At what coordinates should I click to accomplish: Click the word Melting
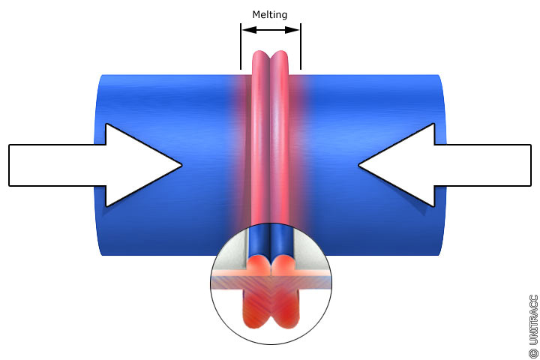[x=269, y=14]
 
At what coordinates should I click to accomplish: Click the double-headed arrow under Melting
[x=270, y=30]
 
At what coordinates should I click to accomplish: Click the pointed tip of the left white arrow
[x=180, y=165]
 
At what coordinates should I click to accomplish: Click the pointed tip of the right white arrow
[x=360, y=165]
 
